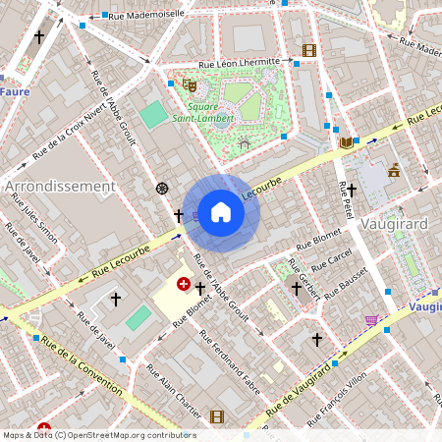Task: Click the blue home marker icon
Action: pyautogui.click(x=221, y=212)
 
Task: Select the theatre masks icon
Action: pyautogui.click(x=188, y=84)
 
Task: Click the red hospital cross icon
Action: pyautogui.click(x=183, y=284)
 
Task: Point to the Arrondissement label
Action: pyautogui.click(x=60, y=186)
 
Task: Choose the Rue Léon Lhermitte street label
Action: pyautogui.click(x=241, y=64)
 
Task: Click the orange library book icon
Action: pyautogui.click(x=345, y=143)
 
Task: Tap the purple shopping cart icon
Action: pyautogui.click(x=371, y=319)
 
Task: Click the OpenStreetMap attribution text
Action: pyautogui.click(x=98, y=435)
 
